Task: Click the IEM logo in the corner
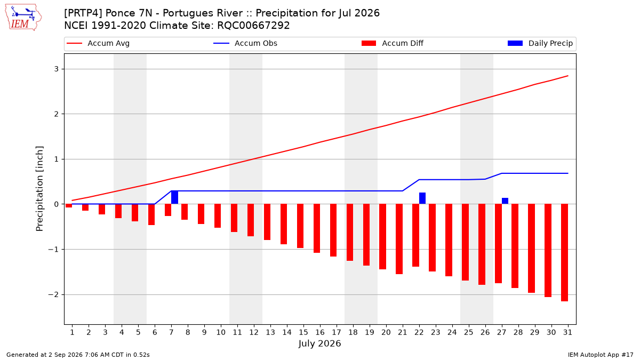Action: (x=23, y=17)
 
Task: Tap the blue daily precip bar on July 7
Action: (x=174, y=197)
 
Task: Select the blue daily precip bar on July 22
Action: (x=422, y=198)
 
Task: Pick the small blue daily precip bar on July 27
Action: (x=505, y=201)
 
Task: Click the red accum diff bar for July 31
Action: (x=565, y=253)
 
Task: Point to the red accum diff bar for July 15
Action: (x=300, y=226)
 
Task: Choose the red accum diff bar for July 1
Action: (x=69, y=206)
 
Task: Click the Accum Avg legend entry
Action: (x=98, y=43)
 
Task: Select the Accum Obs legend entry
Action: (x=245, y=43)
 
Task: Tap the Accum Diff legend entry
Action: (x=393, y=43)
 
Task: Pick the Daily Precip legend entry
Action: (x=540, y=43)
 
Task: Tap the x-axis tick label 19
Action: (x=370, y=332)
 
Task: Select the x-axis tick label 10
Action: (x=221, y=332)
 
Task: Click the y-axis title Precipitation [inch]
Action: (x=39, y=189)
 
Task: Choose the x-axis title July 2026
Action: (x=319, y=343)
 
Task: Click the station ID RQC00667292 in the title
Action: (x=253, y=26)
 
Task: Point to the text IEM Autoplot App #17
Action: (x=601, y=355)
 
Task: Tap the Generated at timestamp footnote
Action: (x=78, y=355)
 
